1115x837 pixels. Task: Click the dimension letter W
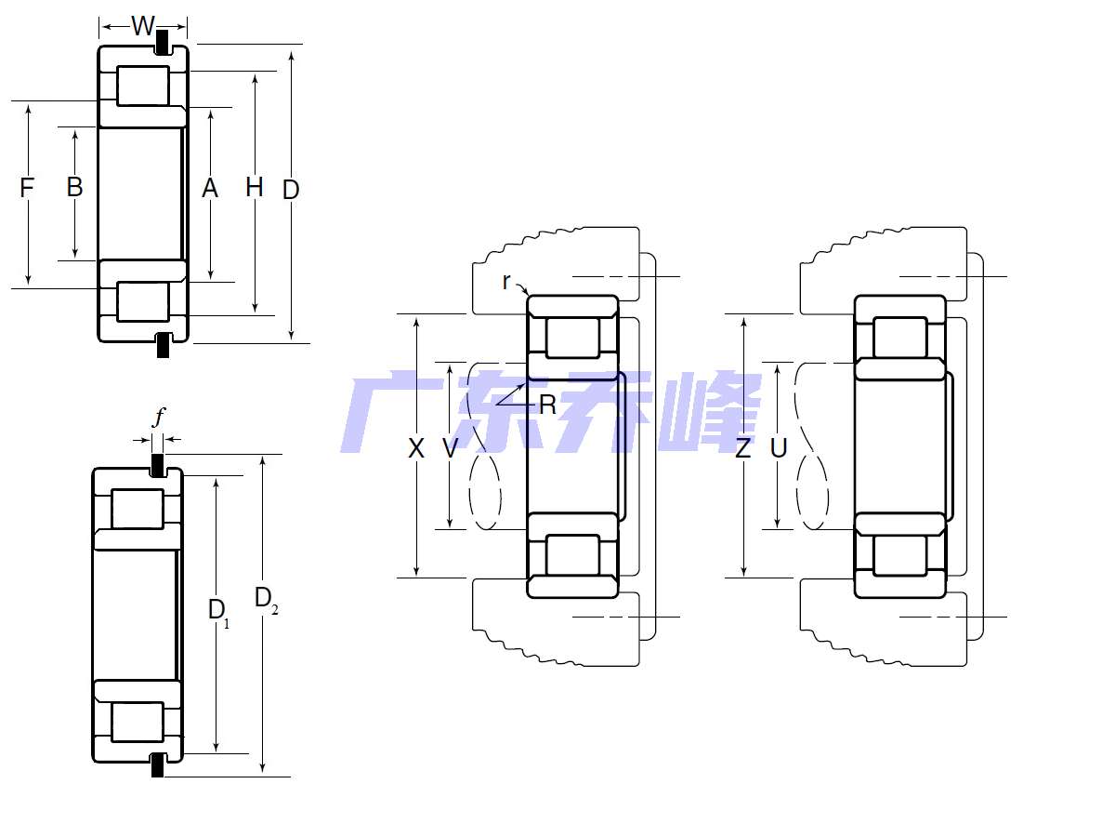(x=142, y=26)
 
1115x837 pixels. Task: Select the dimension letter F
(x=27, y=188)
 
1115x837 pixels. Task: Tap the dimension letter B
(x=74, y=187)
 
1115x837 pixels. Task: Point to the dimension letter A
(x=210, y=189)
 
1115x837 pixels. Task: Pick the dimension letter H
(x=254, y=188)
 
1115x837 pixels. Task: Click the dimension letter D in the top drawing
(x=291, y=190)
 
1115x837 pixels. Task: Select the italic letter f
(x=158, y=418)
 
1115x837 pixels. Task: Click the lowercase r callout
(x=506, y=281)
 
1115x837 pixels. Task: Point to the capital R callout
(x=547, y=405)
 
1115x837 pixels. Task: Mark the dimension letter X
(x=416, y=449)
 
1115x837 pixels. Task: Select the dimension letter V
(x=450, y=449)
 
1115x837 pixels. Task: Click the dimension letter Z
(x=743, y=449)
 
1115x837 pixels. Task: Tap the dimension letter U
(x=779, y=449)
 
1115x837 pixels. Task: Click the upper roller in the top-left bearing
(x=143, y=86)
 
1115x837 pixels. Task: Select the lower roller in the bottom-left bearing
(x=138, y=722)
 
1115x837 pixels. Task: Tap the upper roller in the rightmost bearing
(x=899, y=338)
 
